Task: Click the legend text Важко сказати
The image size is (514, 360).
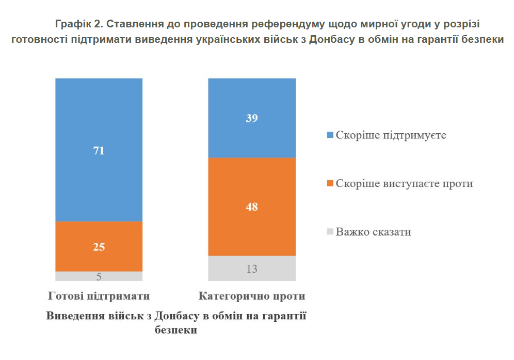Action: [373, 232]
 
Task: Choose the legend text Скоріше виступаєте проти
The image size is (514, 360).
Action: [404, 183]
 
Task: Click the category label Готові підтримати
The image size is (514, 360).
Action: [99, 296]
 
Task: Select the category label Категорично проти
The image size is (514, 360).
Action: [252, 296]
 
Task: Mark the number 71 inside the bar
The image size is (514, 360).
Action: [99, 151]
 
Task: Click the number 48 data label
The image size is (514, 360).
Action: [251, 207]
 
